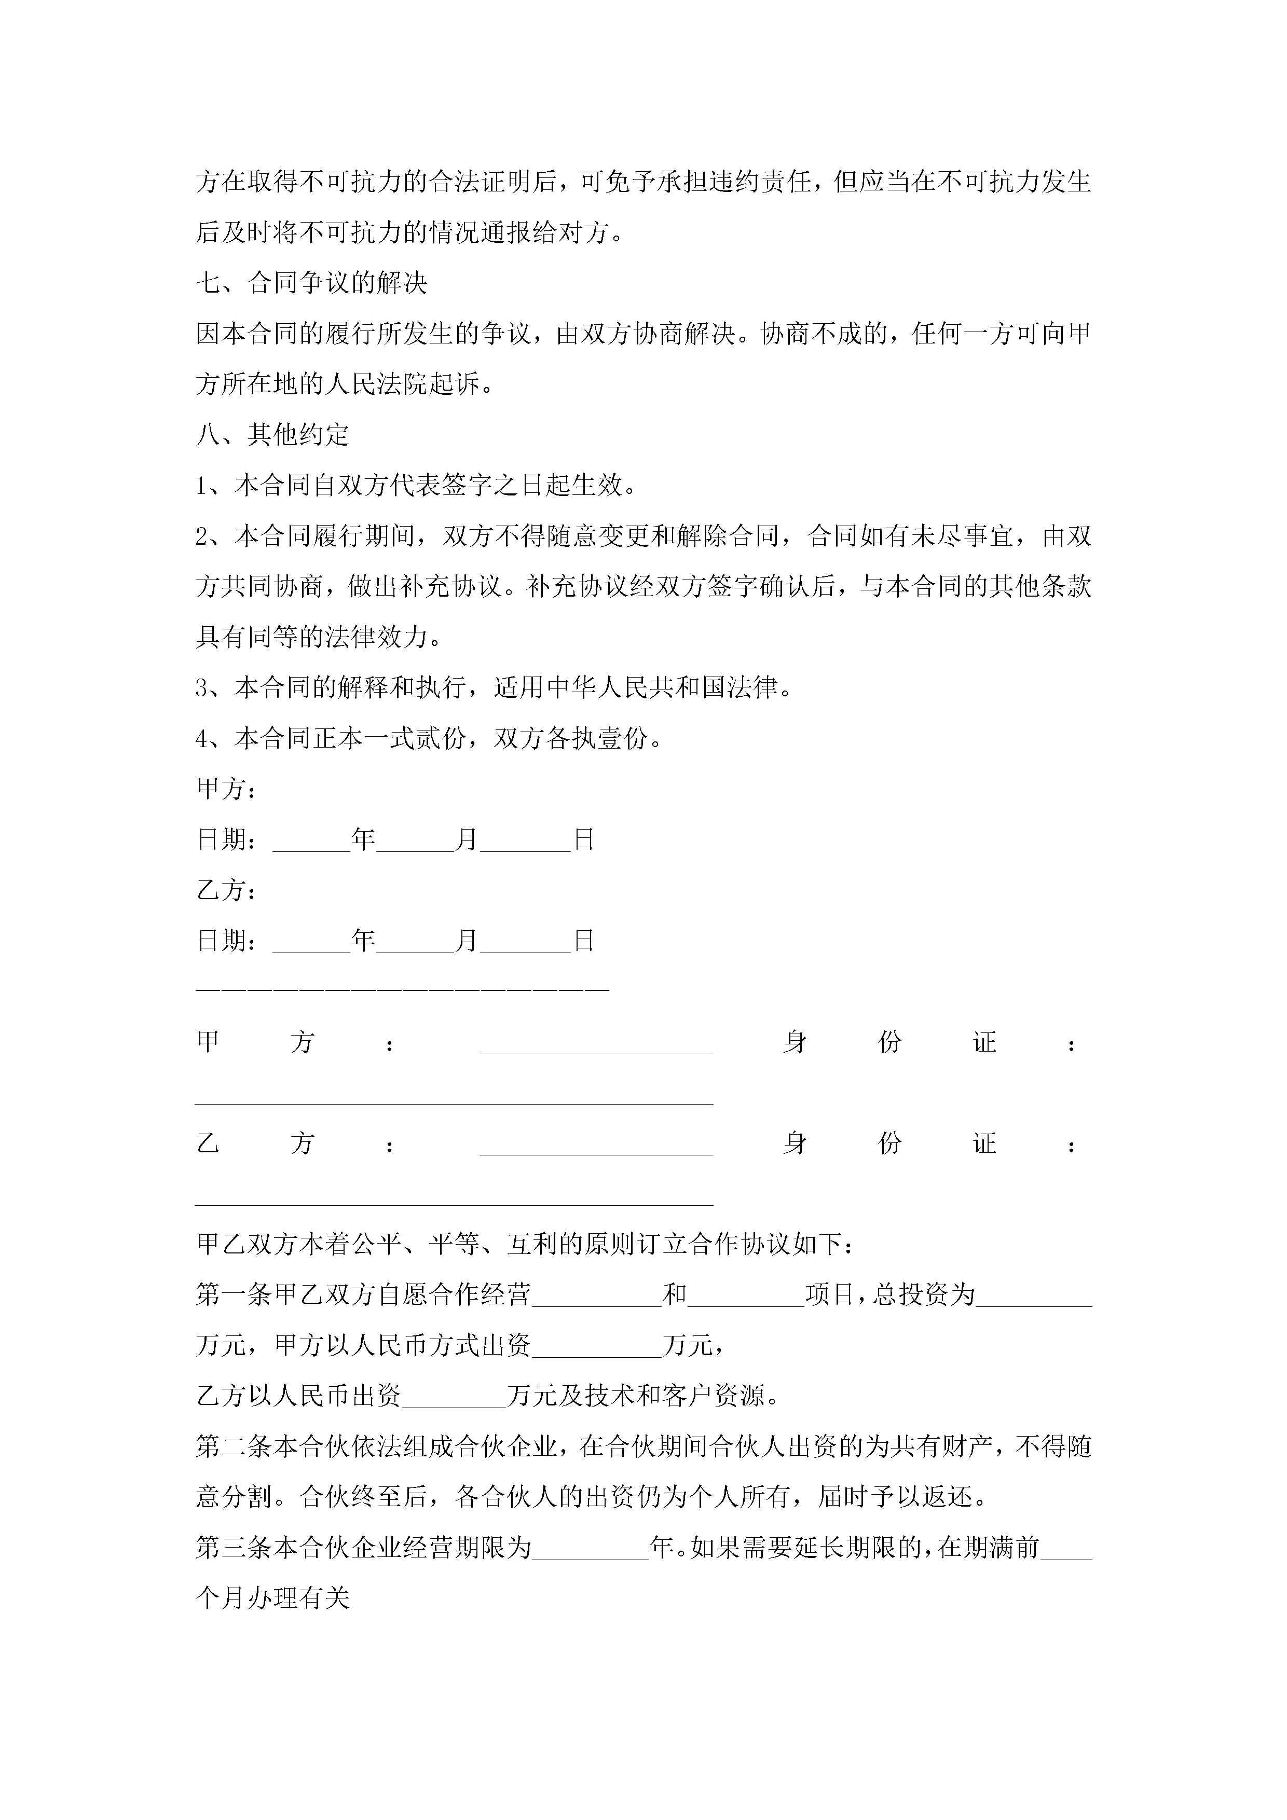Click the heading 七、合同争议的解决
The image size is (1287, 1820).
[312, 282]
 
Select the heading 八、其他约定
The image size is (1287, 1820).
[273, 434]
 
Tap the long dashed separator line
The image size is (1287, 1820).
[402, 990]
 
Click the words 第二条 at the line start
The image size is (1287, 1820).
[234, 1446]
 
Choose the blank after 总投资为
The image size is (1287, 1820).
[1033, 1295]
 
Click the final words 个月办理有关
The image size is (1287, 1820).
[273, 1598]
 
